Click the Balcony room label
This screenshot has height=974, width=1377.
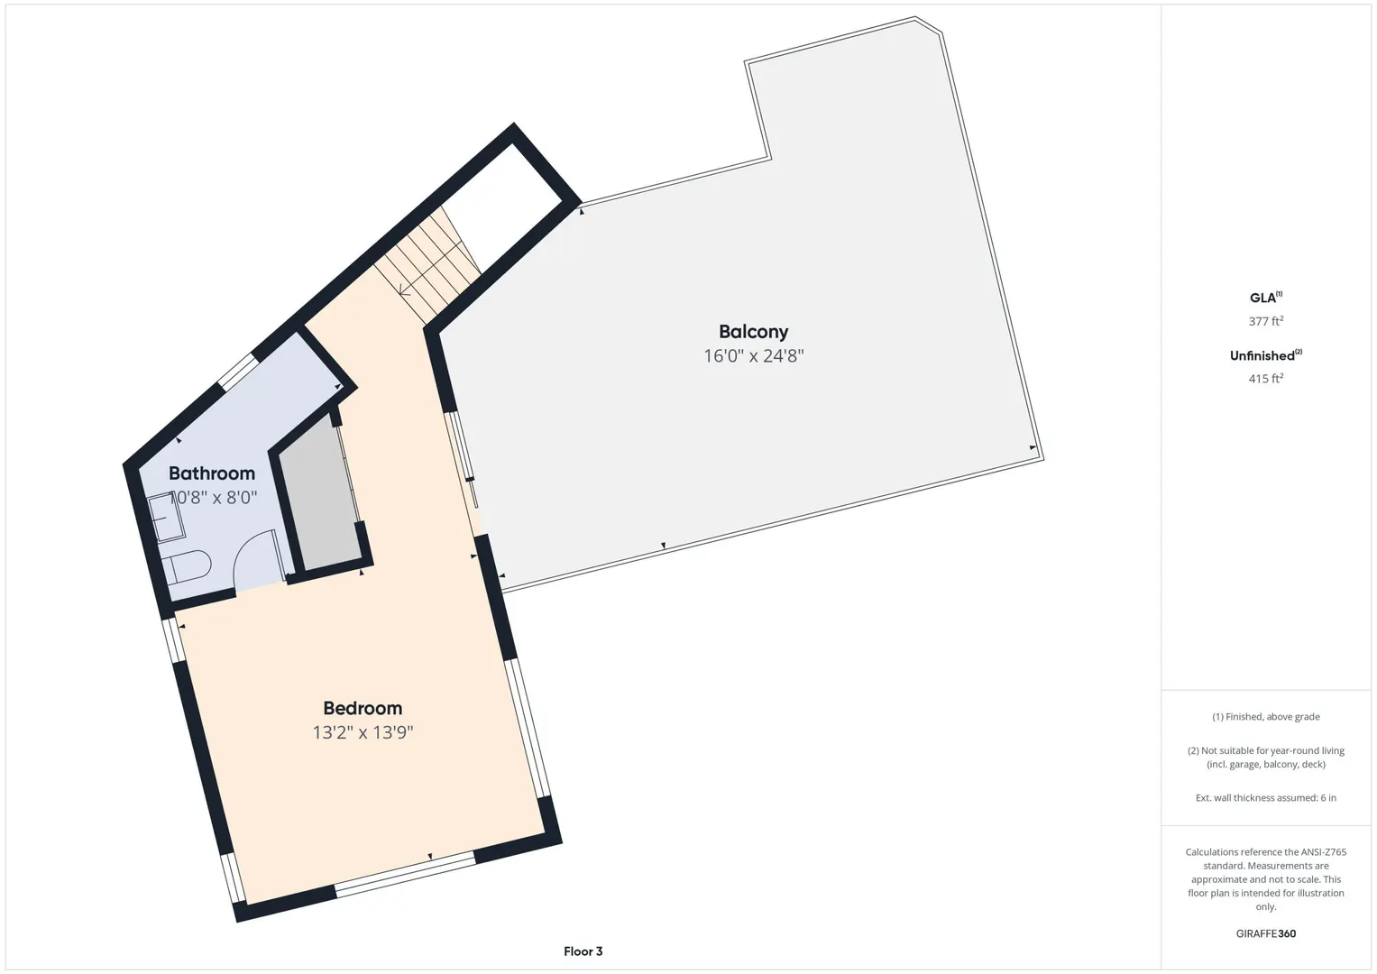coord(753,332)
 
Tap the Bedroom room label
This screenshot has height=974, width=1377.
coord(363,708)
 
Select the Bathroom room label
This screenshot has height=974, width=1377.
coord(212,473)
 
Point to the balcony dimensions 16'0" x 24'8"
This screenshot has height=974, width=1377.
coord(754,355)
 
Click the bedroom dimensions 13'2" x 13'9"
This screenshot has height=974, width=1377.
coord(363,731)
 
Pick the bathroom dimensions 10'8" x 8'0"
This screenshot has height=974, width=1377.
coord(213,497)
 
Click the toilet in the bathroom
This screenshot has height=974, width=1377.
coord(187,565)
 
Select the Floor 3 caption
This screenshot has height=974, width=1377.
coord(583,951)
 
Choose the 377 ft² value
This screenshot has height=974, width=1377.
coord(1266,320)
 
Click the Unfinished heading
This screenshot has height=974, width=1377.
coord(1266,355)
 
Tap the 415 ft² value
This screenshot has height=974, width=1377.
coord(1266,378)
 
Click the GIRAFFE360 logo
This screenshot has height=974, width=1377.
coord(1266,933)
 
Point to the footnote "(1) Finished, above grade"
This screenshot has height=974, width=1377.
coord(1266,716)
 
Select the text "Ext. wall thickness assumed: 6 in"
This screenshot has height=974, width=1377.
coord(1266,797)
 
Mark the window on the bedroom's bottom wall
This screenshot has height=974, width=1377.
coord(405,874)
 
